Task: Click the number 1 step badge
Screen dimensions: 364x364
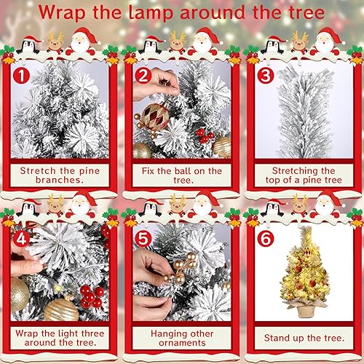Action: click(x=21, y=75)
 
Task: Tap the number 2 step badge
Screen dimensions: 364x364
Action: click(x=143, y=75)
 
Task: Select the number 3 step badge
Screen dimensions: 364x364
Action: click(x=266, y=75)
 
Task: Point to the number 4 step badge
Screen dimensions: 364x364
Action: click(x=21, y=238)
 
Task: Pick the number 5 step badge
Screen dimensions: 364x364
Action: click(x=143, y=238)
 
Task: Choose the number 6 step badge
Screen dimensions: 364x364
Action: click(x=266, y=238)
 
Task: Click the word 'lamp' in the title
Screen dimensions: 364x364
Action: click(x=151, y=13)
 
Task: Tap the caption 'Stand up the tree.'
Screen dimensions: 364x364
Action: click(x=304, y=338)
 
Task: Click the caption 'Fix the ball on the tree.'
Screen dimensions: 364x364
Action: click(x=182, y=175)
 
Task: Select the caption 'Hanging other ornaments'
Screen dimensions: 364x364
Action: click(x=182, y=338)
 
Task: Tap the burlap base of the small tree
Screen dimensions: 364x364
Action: click(x=305, y=309)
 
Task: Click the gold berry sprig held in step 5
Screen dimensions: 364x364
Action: click(x=181, y=268)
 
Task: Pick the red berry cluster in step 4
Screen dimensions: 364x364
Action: click(x=92, y=296)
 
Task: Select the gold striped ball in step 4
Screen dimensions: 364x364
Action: click(x=62, y=309)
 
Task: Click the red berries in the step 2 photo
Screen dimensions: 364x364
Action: click(x=205, y=136)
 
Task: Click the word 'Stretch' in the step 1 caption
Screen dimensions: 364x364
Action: click(x=38, y=171)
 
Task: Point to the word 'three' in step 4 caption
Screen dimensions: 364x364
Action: click(x=92, y=333)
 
